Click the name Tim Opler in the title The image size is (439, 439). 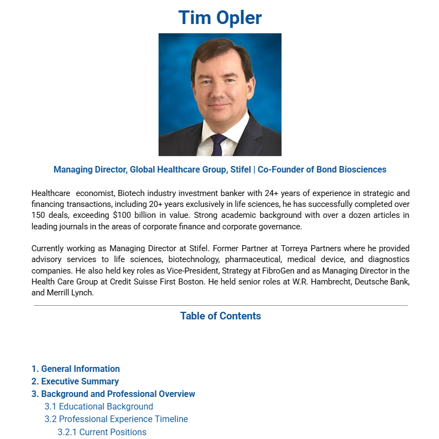tap(220, 17)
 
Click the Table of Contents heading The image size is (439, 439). tap(220, 316)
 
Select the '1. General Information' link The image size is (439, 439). tap(75, 369)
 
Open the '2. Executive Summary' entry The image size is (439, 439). tap(75, 382)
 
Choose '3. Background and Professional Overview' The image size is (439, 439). tap(113, 394)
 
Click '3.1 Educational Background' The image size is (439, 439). tap(99, 407)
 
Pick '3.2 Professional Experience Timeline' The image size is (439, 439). tap(116, 419)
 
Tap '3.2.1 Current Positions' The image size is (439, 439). tap(102, 432)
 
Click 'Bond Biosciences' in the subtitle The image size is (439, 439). tap(350, 170)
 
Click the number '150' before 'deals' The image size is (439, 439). tap(39, 215)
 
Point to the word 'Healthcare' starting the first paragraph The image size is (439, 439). tap(51, 193)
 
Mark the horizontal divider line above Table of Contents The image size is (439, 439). tap(220, 306)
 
